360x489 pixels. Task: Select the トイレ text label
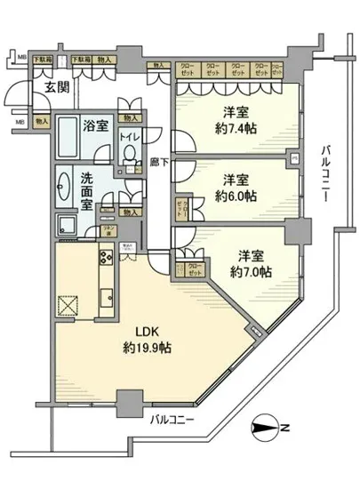[x=129, y=138]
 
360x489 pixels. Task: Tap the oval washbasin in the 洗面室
[x=63, y=188]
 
